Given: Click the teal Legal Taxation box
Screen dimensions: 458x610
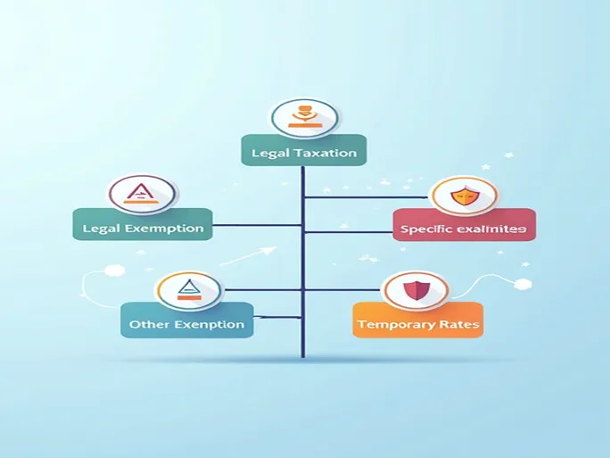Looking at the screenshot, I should coord(303,150).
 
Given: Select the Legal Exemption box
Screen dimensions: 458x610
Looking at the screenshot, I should coord(143,225).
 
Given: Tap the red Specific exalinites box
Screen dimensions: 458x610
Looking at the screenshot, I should coord(464,226).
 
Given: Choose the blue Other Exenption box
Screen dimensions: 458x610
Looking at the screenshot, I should coord(186,321).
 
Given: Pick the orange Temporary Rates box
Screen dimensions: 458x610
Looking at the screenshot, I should coord(417,321).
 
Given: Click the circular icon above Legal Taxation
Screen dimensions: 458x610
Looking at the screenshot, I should coord(304,116).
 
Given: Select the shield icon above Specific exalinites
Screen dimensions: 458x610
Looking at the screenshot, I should coord(461,197).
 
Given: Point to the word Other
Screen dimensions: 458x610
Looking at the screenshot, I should coord(147,324).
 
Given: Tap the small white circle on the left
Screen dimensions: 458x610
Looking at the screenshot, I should coord(112,271).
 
